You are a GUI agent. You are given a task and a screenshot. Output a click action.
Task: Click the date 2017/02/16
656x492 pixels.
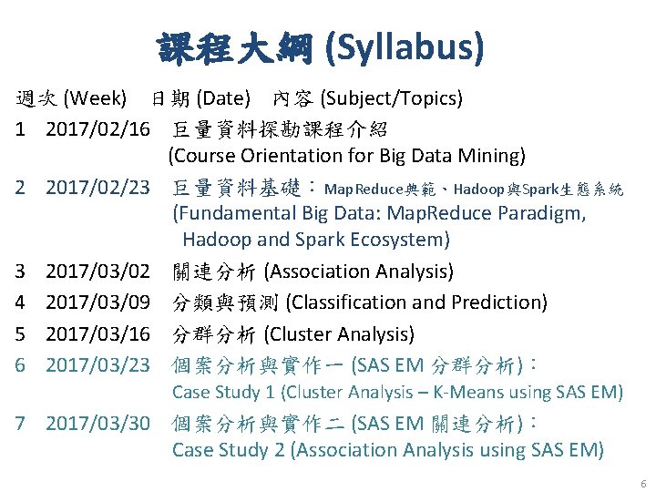[97, 128]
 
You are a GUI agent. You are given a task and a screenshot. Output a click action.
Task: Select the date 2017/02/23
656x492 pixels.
[97, 188]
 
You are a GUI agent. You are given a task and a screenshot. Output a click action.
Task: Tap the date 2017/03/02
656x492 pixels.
[97, 272]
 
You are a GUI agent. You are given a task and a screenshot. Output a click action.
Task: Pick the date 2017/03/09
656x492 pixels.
[97, 302]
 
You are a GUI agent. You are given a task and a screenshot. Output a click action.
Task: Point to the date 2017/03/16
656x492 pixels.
[97, 333]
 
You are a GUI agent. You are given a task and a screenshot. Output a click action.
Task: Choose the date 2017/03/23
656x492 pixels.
[97, 364]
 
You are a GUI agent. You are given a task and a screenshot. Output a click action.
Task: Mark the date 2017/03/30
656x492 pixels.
[97, 424]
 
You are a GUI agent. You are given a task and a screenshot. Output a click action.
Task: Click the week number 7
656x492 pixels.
[20, 424]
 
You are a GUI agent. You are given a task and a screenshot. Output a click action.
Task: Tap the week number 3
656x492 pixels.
[20, 272]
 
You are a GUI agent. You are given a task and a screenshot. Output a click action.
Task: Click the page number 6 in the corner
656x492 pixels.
[643, 484]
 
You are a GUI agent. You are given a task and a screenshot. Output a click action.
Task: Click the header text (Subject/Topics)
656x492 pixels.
[392, 97]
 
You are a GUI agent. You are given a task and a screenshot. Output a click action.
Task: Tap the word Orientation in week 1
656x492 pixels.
[289, 156]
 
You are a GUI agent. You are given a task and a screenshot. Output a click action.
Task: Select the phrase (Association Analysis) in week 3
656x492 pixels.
[358, 272]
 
